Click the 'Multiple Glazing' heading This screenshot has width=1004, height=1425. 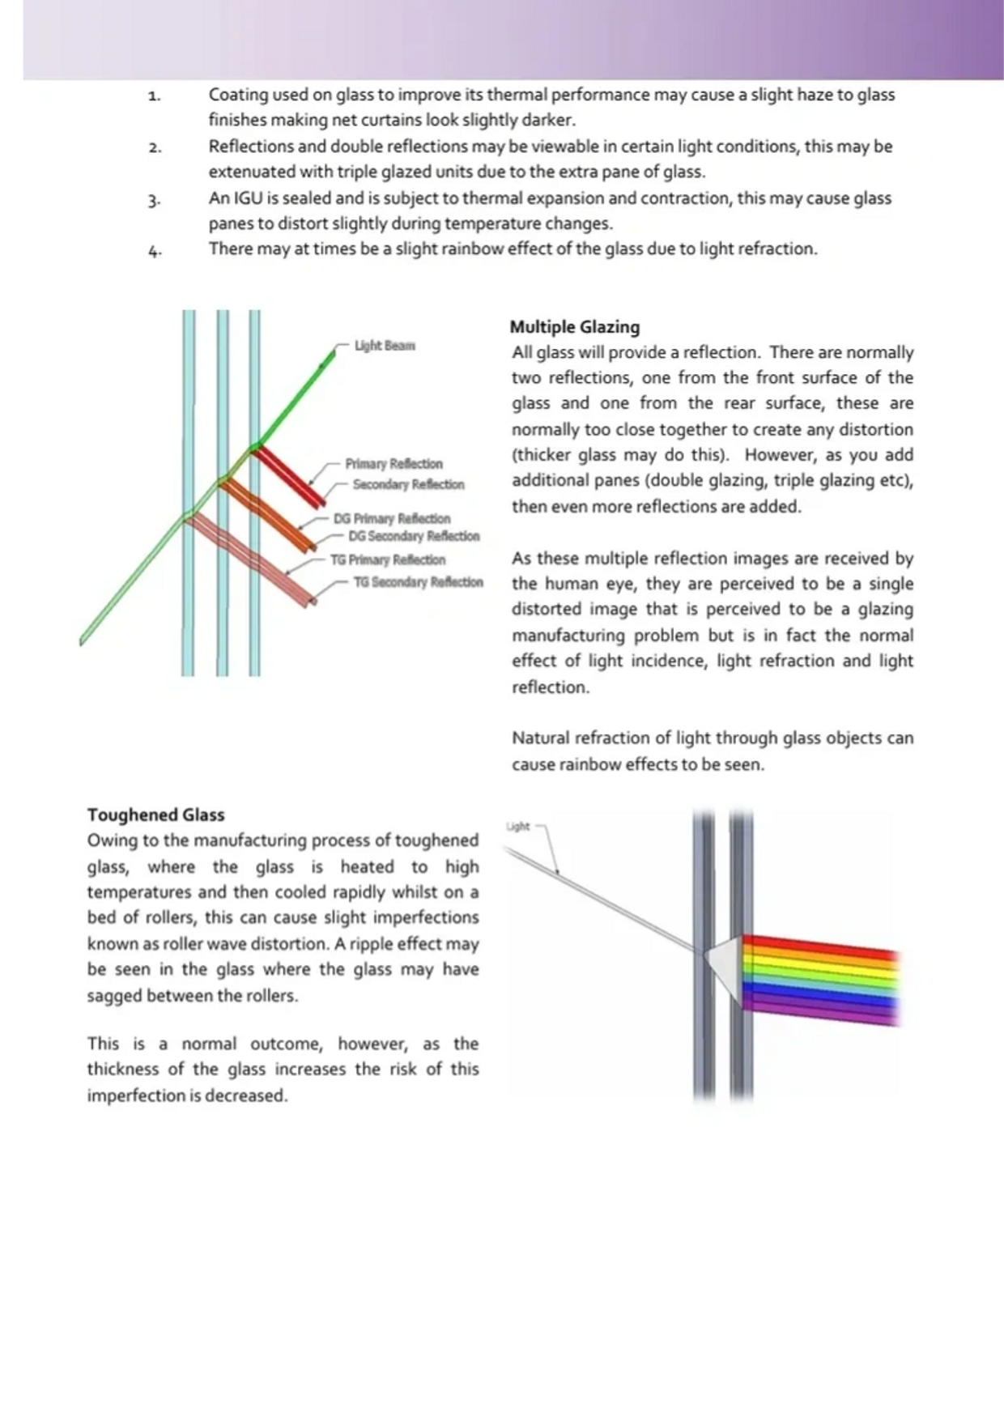click(x=574, y=327)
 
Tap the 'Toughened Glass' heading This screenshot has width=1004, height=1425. click(x=155, y=815)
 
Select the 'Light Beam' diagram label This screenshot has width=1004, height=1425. click(x=385, y=346)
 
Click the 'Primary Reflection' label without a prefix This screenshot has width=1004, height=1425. click(x=394, y=464)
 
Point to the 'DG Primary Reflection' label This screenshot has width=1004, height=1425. click(x=392, y=518)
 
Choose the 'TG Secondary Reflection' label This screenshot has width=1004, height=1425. click(x=418, y=582)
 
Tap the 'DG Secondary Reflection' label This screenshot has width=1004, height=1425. click(x=414, y=536)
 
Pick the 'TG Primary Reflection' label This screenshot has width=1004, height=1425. click(x=388, y=559)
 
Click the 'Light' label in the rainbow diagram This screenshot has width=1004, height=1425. click(x=517, y=827)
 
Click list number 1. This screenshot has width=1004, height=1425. click(x=154, y=96)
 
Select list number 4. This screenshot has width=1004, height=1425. click(x=154, y=251)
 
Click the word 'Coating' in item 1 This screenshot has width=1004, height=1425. click(x=238, y=95)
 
